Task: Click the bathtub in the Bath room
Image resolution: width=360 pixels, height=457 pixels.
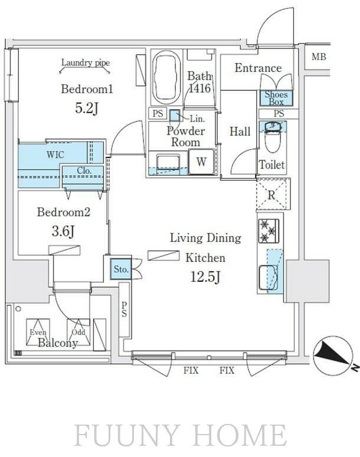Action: (x=166, y=77)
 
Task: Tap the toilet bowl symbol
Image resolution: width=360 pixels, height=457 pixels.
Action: (x=273, y=137)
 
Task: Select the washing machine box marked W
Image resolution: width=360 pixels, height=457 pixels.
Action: (x=202, y=162)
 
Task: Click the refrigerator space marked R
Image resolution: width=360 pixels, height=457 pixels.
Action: (x=273, y=194)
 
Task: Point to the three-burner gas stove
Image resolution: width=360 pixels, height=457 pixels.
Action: (x=269, y=231)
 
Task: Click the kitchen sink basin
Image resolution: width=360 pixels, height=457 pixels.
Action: (x=268, y=278)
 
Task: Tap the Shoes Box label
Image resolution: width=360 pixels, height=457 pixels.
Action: (x=276, y=98)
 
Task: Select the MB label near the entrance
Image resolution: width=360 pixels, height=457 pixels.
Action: (x=319, y=57)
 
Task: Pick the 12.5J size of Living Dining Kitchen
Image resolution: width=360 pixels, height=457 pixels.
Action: (x=205, y=277)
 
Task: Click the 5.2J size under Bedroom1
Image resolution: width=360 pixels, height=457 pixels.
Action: (x=87, y=108)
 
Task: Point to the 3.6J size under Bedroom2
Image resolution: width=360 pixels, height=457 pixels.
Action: (x=63, y=231)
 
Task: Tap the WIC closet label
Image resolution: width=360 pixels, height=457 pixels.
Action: (x=55, y=154)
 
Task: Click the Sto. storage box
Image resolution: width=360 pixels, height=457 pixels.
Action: (x=121, y=269)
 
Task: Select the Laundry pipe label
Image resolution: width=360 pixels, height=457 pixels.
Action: (x=86, y=63)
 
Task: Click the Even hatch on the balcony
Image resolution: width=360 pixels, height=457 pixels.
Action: (x=38, y=332)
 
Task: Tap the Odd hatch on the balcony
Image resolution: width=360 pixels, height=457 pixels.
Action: (x=78, y=332)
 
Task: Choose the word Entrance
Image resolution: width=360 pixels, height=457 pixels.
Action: (x=258, y=68)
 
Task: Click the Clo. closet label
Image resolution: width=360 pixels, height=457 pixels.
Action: (x=84, y=171)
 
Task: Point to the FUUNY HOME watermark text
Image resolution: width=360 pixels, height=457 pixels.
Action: (x=180, y=436)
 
